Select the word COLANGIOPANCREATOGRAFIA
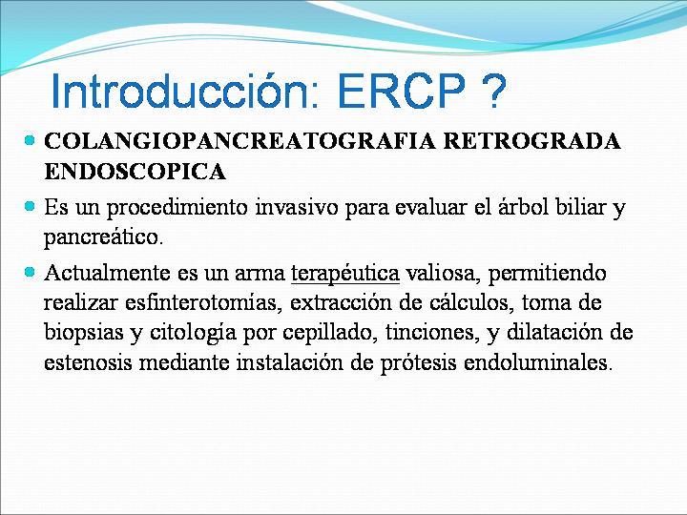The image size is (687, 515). click(x=240, y=141)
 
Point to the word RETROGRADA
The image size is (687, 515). click(x=531, y=141)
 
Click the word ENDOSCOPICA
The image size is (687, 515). click(x=135, y=171)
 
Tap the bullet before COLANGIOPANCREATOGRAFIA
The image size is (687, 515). click(x=30, y=140)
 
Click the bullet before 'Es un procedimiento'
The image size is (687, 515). click(x=30, y=206)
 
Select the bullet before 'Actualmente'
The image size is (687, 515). click(x=30, y=272)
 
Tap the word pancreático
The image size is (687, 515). click(x=103, y=237)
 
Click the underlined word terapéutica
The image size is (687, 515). click(x=345, y=274)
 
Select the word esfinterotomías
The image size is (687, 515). click(x=203, y=302)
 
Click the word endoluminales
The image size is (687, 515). click(x=536, y=362)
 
